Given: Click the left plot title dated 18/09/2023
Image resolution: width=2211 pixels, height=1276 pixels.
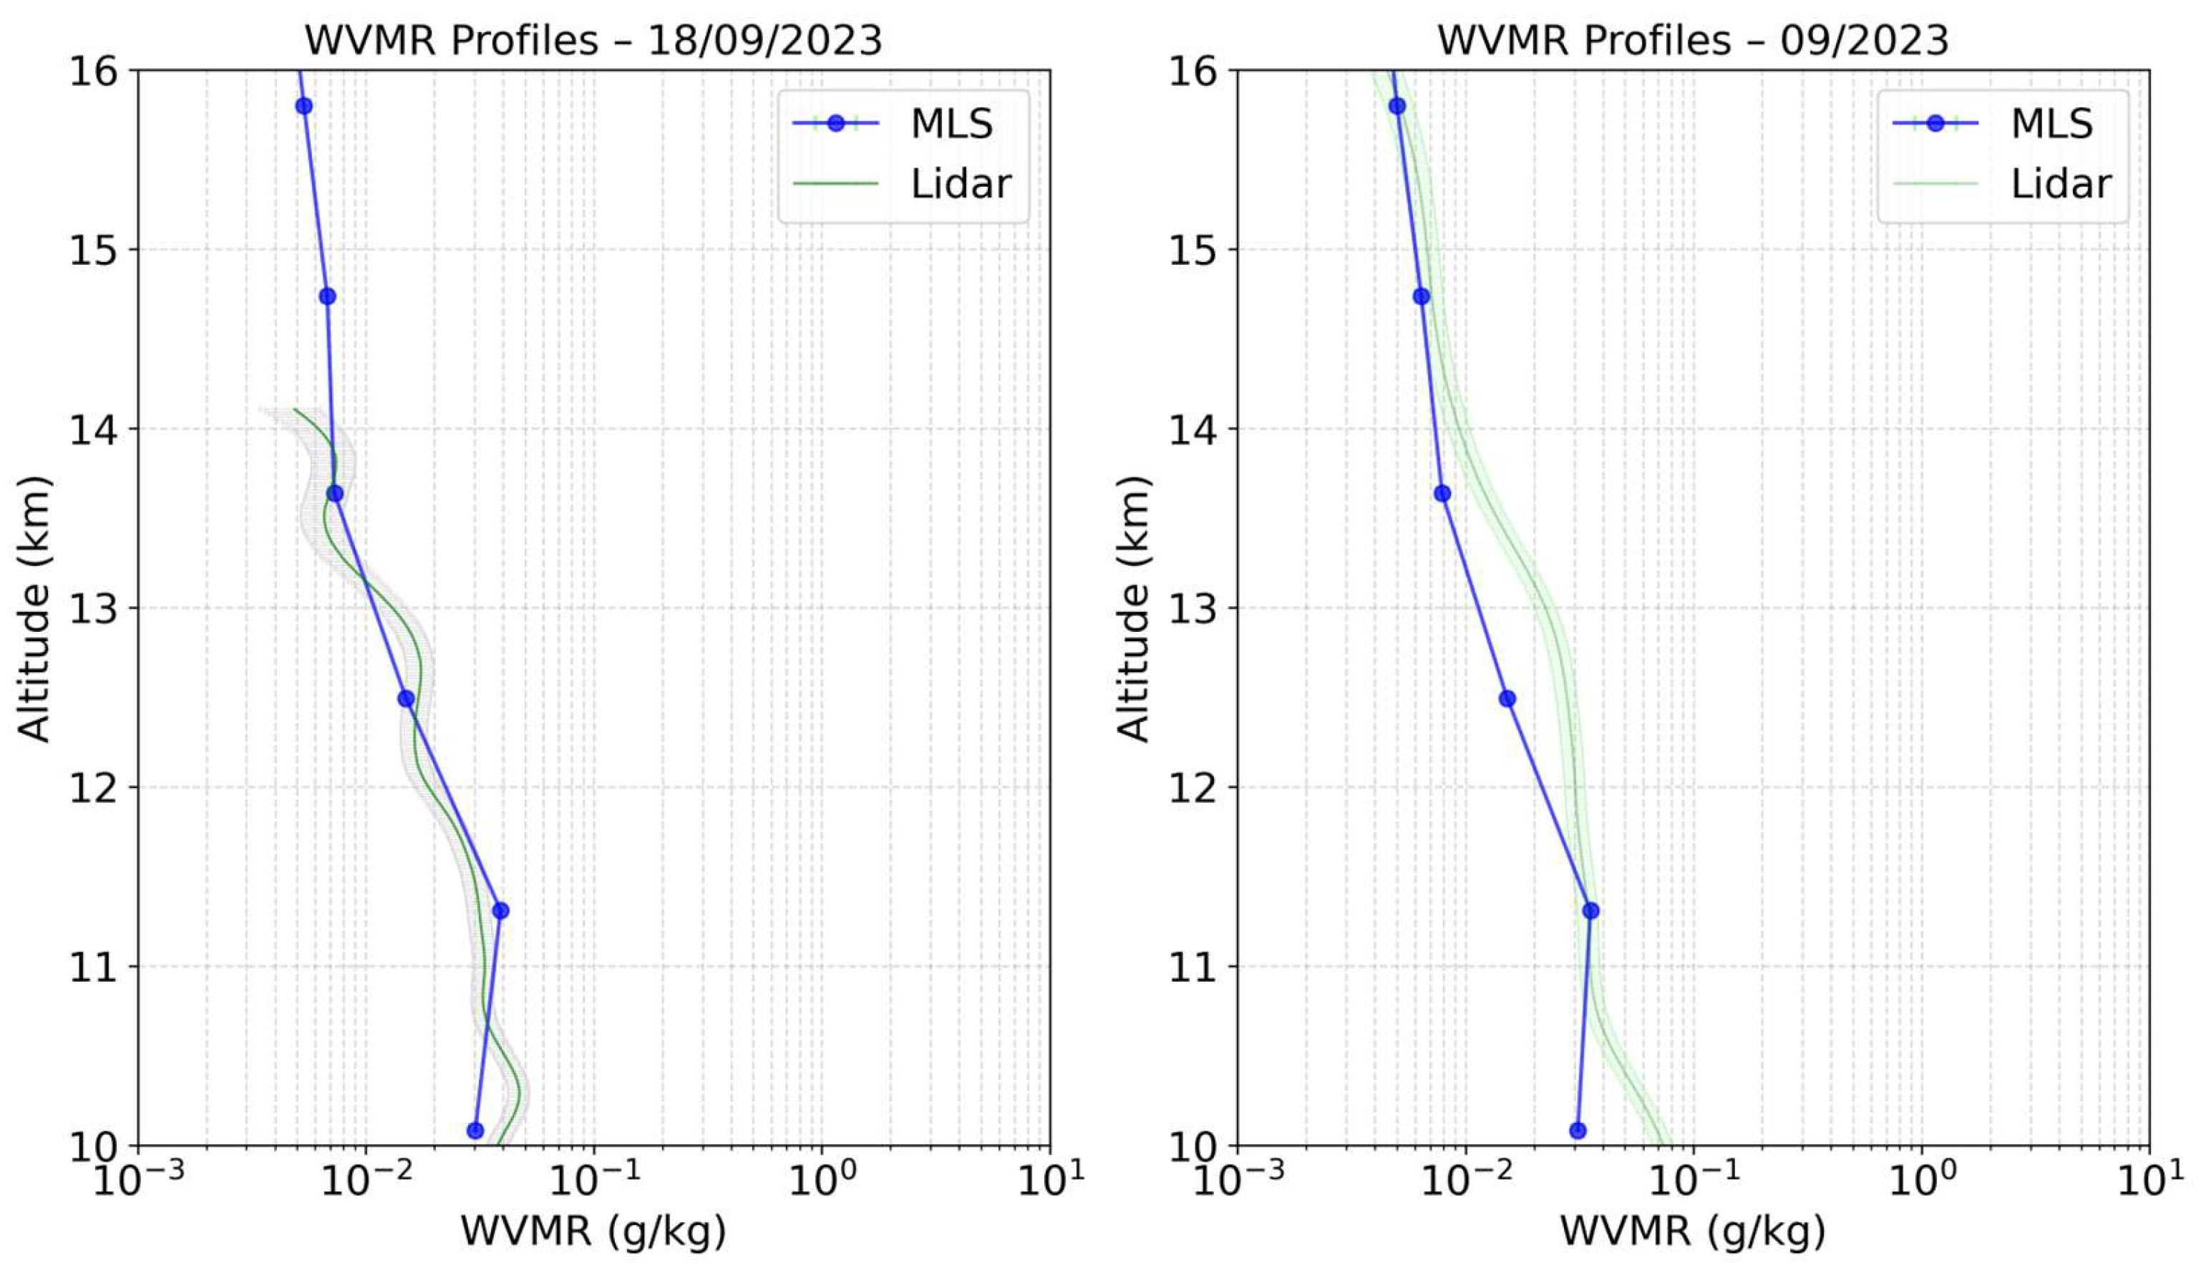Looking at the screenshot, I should tap(593, 40).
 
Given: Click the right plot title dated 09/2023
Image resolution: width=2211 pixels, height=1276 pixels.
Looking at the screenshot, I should tap(1692, 40).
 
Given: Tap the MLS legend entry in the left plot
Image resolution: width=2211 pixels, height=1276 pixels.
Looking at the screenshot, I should tap(951, 124).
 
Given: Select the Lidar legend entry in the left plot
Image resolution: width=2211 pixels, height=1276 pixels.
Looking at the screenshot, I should tap(960, 183).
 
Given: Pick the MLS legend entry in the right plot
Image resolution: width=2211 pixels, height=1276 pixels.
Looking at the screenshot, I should tap(2051, 124).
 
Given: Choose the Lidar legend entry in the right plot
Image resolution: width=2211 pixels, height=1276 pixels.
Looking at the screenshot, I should tap(2059, 183).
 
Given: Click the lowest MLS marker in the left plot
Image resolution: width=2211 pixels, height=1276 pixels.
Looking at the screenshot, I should tap(475, 1131).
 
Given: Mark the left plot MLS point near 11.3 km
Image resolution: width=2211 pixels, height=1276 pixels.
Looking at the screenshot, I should tap(500, 910).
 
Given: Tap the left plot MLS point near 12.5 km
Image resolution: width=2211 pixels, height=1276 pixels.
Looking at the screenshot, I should tap(406, 698).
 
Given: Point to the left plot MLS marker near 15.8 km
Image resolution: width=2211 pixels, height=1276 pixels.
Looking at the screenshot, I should tap(304, 106).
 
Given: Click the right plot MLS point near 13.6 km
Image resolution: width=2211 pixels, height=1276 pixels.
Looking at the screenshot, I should tap(1442, 493).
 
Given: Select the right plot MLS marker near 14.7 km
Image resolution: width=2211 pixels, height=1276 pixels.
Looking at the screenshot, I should tap(1422, 296).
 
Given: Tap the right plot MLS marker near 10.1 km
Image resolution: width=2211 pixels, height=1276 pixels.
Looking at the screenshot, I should tap(1578, 1131).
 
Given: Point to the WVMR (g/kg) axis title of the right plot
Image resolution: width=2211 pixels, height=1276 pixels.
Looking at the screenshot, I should tap(1692, 1232).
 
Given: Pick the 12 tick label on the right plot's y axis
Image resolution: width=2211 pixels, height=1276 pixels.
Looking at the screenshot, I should tap(1192, 788).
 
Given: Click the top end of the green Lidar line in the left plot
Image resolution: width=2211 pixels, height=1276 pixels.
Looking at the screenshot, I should tap(294, 409).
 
